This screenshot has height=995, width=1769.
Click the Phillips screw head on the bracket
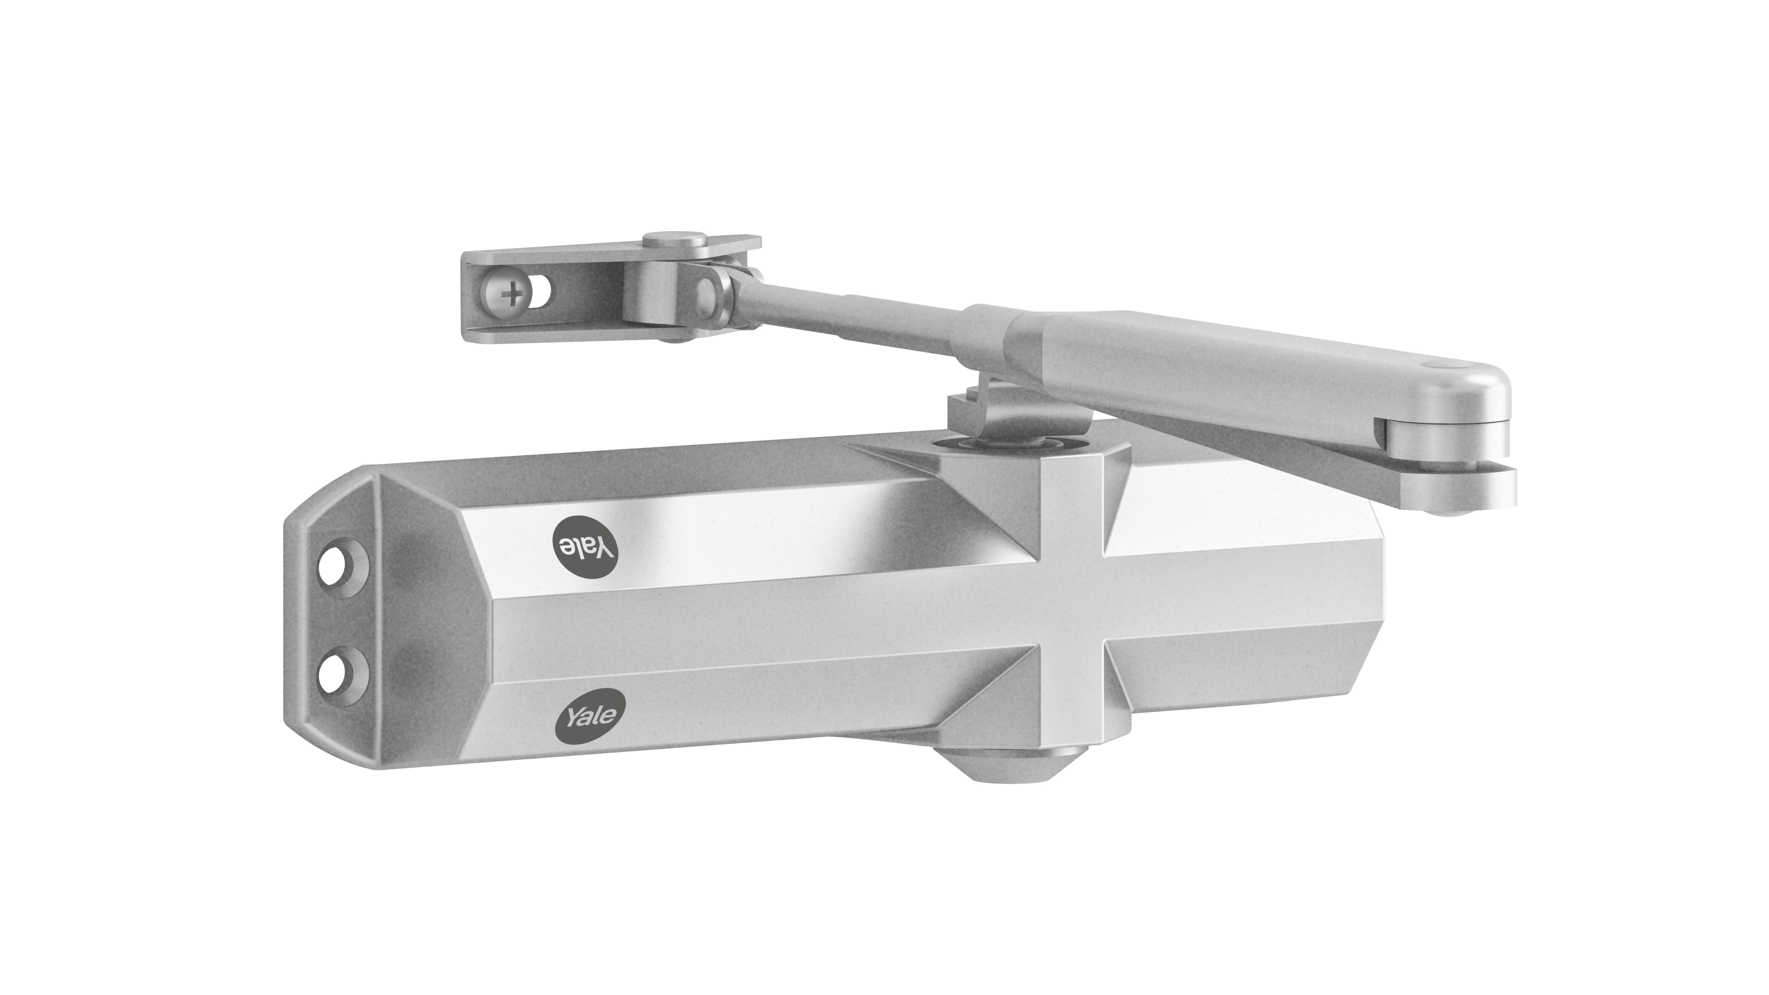(512, 296)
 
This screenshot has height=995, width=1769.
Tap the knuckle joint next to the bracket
(714, 292)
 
